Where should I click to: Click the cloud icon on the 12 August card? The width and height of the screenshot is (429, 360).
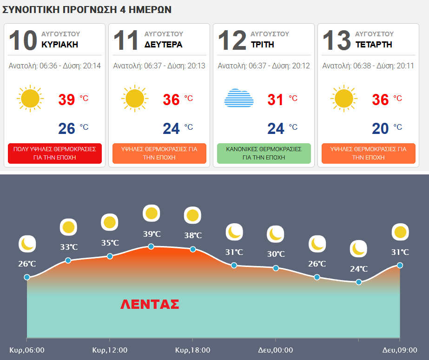tap(239, 98)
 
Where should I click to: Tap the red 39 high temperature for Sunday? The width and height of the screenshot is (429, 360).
tap(66, 100)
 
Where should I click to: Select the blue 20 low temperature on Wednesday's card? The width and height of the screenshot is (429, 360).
tap(380, 128)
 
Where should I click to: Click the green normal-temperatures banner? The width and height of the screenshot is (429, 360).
tap(264, 153)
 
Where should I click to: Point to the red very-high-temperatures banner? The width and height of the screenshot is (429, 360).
tap(55, 153)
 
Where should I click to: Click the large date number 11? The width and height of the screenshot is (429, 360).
tap(125, 40)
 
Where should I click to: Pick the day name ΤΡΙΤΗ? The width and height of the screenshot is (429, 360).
tap(263, 44)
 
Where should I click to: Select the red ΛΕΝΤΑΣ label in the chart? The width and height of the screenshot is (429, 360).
tap(150, 304)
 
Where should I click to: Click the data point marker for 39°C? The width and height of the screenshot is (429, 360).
tap(151, 247)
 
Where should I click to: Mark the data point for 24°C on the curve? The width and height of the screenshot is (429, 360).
tap(359, 282)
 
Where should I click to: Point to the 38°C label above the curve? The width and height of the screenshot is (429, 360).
tap(193, 235)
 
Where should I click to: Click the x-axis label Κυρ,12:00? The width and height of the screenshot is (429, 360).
tap(110, 350)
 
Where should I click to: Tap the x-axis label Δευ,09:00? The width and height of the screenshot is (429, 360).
tap(400, 350)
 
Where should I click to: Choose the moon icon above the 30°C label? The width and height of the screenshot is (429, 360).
tap(276, 234)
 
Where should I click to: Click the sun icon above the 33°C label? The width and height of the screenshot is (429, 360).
tap(68, 227)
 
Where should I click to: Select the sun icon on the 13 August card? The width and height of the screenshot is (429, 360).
tap(343, 98)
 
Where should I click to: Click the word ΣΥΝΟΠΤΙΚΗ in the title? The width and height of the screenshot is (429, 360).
tap(31, 10)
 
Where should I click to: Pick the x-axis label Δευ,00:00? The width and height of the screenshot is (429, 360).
tap(276, 350)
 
